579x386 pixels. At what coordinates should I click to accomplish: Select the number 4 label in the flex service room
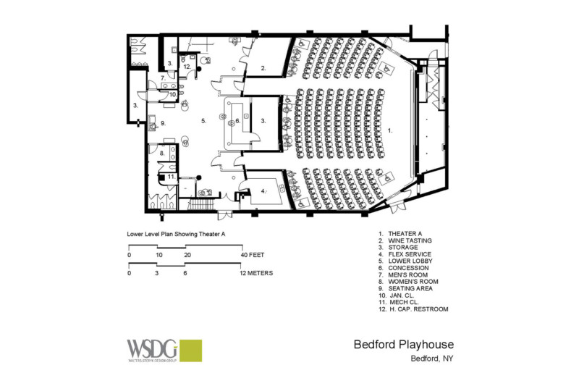(263, 191)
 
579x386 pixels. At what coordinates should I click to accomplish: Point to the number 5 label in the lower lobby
(205, 121)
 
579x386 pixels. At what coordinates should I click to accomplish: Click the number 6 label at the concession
(237, 121)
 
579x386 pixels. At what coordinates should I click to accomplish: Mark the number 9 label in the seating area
(164, 124)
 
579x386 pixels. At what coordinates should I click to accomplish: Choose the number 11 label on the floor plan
(171, 176)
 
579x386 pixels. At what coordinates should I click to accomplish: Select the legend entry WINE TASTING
(410, 240)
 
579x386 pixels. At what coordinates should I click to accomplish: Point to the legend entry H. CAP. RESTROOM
(413, 309)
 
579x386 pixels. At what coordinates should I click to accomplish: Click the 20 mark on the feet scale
(187, 256)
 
